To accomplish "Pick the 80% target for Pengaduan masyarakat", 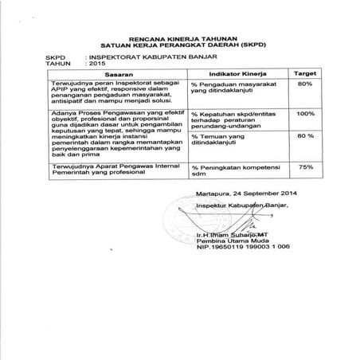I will coord(303,83).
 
